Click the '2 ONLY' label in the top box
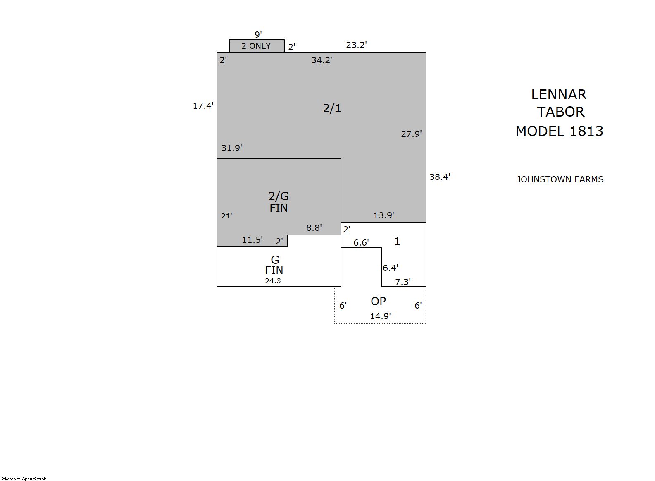256,46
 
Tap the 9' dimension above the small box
258,34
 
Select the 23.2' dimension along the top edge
356,45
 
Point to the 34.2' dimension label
322,60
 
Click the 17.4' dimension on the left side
203,105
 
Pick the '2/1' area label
332,108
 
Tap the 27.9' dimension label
411,134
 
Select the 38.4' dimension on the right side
440,177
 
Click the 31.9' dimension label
231,148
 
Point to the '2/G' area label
279,196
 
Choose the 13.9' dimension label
383,215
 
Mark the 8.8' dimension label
314,227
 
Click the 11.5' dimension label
252,239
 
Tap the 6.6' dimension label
361,242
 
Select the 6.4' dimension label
391,268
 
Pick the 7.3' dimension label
403,282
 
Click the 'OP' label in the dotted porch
379,301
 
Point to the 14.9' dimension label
381,316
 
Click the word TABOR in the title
561,112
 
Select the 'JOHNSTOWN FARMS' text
560,179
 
